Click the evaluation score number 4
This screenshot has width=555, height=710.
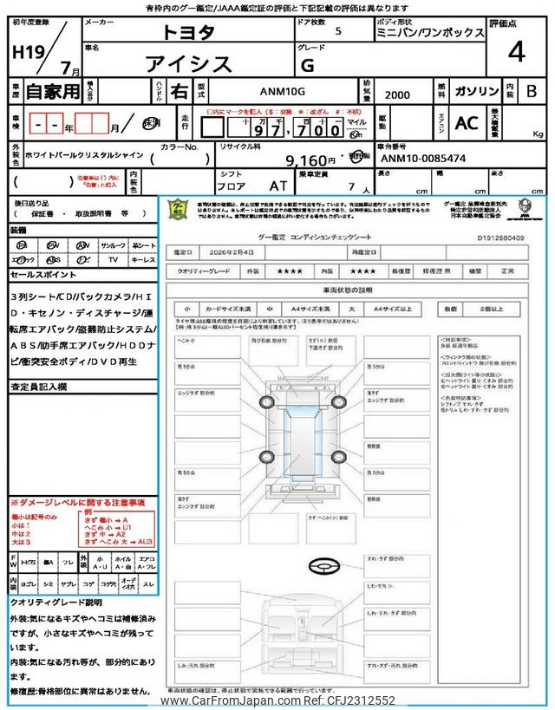(516, 53)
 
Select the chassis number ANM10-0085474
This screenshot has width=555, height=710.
(424, 160)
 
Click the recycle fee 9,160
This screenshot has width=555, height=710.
(312, 160)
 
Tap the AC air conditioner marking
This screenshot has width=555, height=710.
(467, 124)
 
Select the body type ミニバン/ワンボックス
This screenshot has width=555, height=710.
(430, 32)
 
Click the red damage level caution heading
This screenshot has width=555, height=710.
(78, 502)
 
